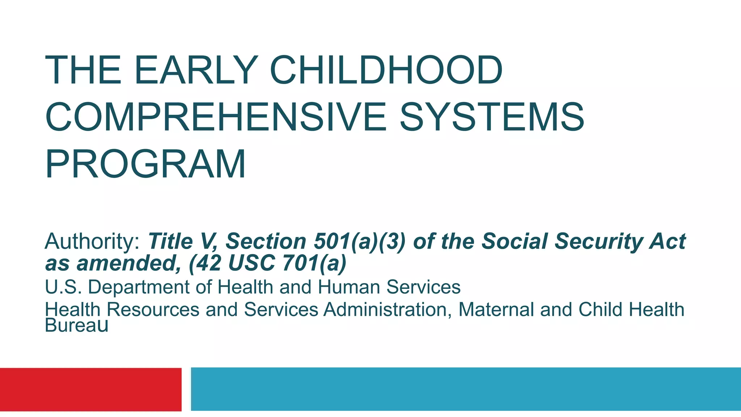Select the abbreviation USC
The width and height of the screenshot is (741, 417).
(x=251, y=263)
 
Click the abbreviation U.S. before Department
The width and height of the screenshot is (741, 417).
(x=63, y=287)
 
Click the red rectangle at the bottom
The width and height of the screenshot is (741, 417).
(x=90, y=389)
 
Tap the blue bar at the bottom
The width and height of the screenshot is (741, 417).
(x=466, y=389)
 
